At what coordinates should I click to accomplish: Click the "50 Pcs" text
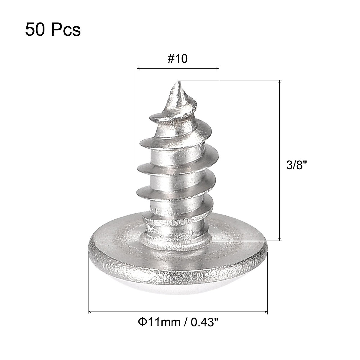pyautogui.click(x=53, y=30)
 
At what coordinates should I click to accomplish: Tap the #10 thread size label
pyautogui.click(x=178, y=59)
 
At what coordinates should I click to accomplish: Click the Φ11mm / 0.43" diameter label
pyautogui.click(x=178, y=323)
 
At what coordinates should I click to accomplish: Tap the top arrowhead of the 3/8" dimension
pyautogui.click(x=280, y=82)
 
